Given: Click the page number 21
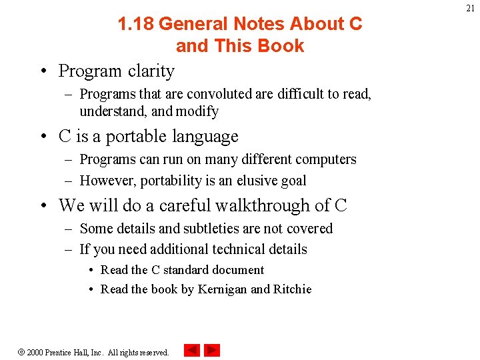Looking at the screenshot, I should click(470, 7).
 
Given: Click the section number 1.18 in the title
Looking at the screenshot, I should click(135, 24).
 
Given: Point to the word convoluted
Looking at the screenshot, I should click(218, 94).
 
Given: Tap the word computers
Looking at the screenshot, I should click(325, 159).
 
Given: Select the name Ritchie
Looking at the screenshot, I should click(293, 289).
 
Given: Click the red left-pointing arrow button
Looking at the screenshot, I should click(191, 350).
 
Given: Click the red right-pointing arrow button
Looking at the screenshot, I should click(212, 350).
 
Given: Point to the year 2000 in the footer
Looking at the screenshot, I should click(35, 352).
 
